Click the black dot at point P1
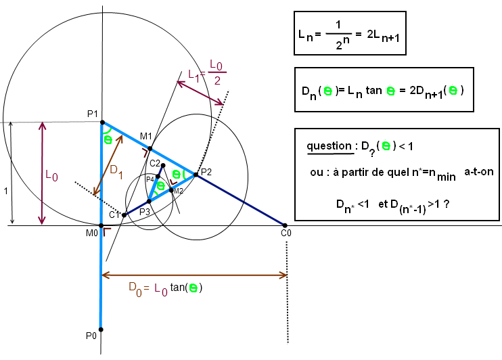coord(102,122)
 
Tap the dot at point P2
coord(196,175)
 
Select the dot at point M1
coord(150,149)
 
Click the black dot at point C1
coord(124,215)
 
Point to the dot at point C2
coord(163,165)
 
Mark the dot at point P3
coord(149,201)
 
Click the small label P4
coord(150,179)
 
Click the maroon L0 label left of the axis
coord(52,175)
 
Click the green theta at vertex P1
coord(108,139)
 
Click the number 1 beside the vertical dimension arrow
coord(6,192)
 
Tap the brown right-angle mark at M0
coord(106,231)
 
